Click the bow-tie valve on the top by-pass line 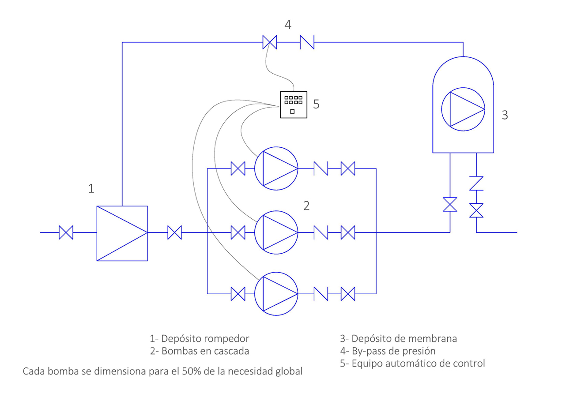[x=269, y=42]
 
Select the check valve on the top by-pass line [x=307, y=42]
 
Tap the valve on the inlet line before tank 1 [x=66, y=232]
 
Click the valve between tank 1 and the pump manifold [x=174, y=232]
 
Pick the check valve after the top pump [x=321, y=169]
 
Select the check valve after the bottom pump [x=321, y=294]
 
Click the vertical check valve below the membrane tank [x=476, y=184]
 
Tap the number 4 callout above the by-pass [x=288, y=25]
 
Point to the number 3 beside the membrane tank [x=505, y=115]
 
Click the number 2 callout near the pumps [x=306, y=206]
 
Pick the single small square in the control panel [x=292, y=112]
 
